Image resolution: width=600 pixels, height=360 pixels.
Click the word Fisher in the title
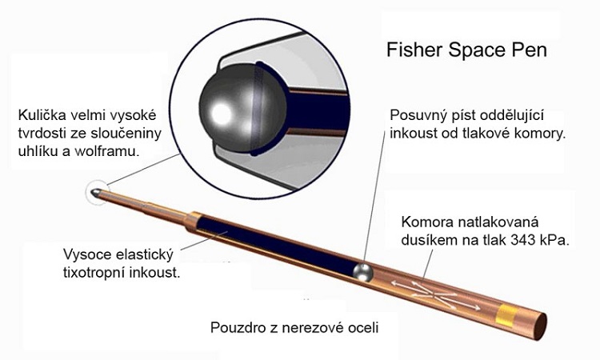coord(414,50)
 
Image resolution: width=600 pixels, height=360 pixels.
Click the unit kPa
coord(554,240)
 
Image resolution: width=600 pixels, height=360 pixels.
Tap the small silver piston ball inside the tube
coord(362,272)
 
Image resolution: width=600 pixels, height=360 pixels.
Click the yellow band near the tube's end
coord(505,316)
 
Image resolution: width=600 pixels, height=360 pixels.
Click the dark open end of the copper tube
coord(540,326)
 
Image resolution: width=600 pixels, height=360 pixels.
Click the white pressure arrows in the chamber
coord(435,294)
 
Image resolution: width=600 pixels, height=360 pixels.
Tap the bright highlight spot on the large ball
coord(221,114)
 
